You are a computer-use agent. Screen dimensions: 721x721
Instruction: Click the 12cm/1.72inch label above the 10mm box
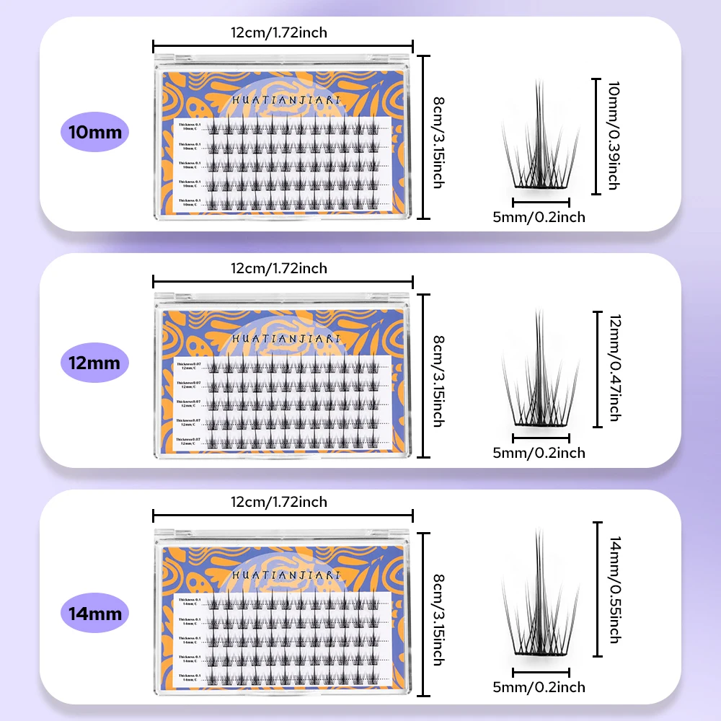click(279, 32)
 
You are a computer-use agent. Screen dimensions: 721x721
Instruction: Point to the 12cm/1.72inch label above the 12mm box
click(279, 268)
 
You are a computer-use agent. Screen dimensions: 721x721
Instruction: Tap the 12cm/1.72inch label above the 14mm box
click(279, 502)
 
